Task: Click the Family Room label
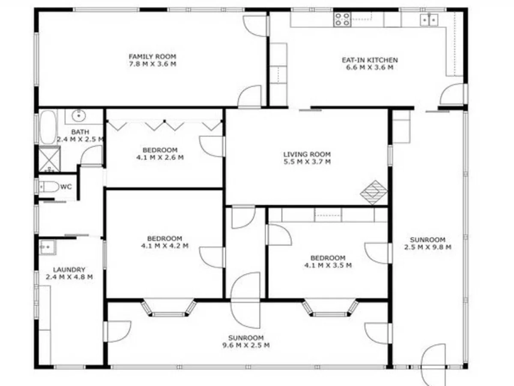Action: click(x=152, y=57)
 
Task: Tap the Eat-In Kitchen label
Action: click(x=370, y=60)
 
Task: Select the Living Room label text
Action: click(x=307, y=154)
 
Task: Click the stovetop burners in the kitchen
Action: click(x=342, y=19)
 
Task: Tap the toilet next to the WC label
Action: click(x=48, y=187)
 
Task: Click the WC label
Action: click(x=66, y=187)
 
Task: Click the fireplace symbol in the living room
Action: click(x=374, y=192)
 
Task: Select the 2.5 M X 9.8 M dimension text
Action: click(x=427, y=247)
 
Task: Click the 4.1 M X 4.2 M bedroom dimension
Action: click(x=164, y=246)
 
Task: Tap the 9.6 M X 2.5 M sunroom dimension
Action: click(x=246, y=345)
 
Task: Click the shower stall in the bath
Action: click(x=49, y=159)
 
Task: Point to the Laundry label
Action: click(x=69, y=270)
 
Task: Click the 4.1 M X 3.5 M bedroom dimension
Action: click(x=328, y=265)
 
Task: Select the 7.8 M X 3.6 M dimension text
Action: click(x=152, y=64)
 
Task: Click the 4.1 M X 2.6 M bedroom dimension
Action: click(x=160, y=157)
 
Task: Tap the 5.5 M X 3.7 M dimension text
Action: click(x=307, y=162)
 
